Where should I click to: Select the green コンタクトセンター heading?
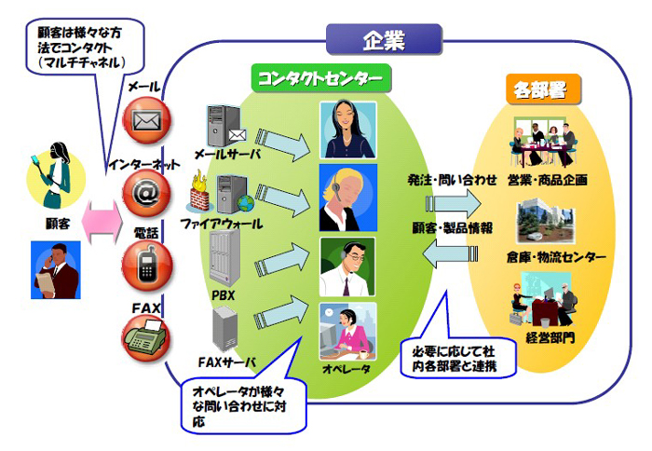click(321, 75)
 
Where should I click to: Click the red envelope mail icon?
click(146, 121)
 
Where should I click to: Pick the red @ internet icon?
click(146, 193)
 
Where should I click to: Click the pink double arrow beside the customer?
click(101, 221)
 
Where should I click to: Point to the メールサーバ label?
click(227, 154)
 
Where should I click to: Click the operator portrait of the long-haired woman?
click(347, 129)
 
